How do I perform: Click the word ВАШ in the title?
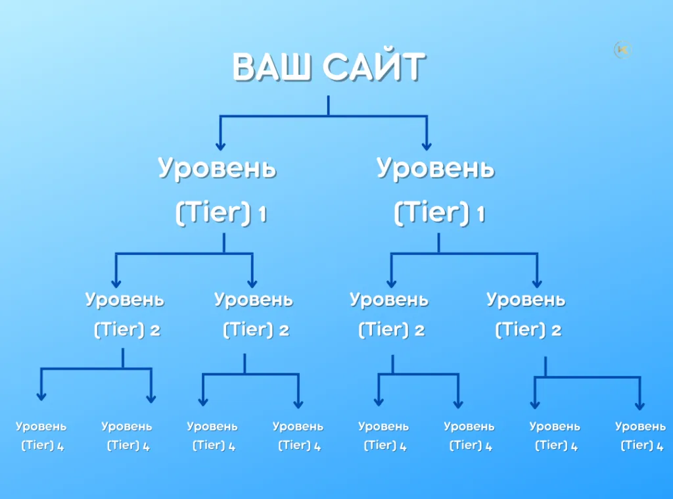coord(271,68)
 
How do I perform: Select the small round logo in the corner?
coord(623,50)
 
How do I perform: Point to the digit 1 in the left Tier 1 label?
coord(262,214)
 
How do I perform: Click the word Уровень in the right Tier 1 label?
coord(435,169)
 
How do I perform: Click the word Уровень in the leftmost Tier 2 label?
coord(124,300)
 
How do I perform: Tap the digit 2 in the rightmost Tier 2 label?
coord(556,330)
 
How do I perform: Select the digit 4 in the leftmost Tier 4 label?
coord(60,446)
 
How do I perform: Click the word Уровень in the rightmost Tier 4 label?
coord(640,427)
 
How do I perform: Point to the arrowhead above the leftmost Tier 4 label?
coord(41,396)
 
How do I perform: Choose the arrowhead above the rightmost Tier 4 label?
coord(639,406)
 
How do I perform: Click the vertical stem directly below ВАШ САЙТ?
coord(329,106)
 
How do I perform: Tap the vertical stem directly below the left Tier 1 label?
coord(224,243)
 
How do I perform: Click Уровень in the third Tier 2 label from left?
coord(389,300)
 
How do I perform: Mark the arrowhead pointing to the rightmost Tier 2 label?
coord(537,283)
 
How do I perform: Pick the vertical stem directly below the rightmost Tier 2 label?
coord(545,367)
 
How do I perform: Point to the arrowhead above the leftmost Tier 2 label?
coord(116,283)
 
